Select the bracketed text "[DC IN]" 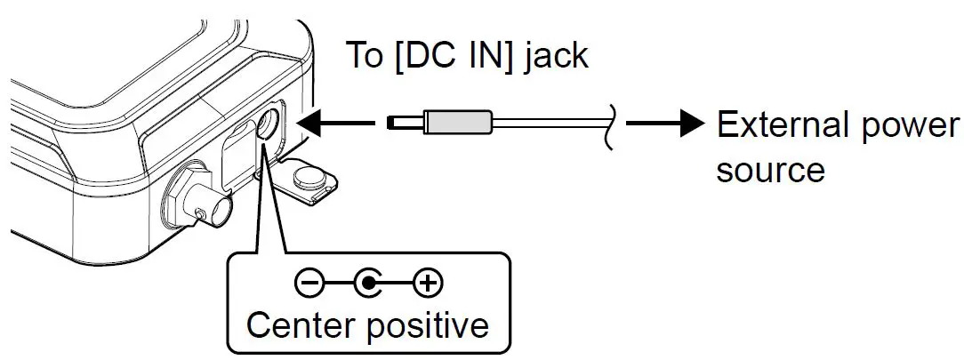pyautogui.click(x=455, y=55)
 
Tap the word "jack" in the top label pyautogui.click(x=555, y=55)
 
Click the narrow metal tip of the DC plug pyautogui.click(x=406, y=123)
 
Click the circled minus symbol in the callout pyautogui.click(x=306, y=284)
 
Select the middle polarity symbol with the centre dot pyautogui.click(x=367, y=284)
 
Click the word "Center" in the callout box pyautogui.click(x=301, y=324)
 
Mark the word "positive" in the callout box pyautogui.click(x=427, y=324)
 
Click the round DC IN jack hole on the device pyautogui.click(x=269, y=127)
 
